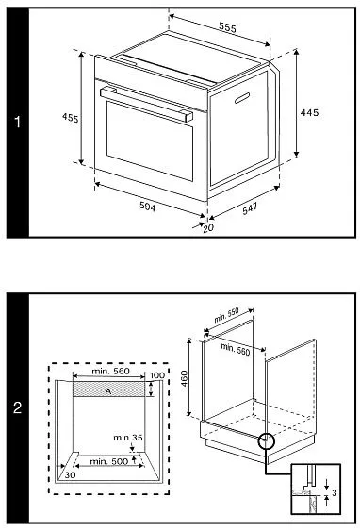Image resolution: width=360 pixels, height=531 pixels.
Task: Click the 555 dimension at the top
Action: pyautogui.click(x=227, y=27)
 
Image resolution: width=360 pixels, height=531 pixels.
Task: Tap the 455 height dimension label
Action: pyautogui.click(x=71, y=118)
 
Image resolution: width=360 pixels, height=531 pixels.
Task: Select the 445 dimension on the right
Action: pyautogui.click(x=309, y=112)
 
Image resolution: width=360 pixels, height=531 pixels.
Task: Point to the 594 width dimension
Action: pyautogui.click(x=148, y=207)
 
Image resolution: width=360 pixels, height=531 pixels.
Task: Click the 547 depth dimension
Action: pyautogui.click(x=250, y=208)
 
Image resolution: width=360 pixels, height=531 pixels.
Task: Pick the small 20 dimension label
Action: pyautogui.click(x=208, y=228)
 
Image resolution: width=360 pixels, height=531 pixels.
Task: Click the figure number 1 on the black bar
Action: pyautogui.click(x=18, y=122)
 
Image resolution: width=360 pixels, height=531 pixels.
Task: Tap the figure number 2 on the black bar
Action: pyautogui.click(x=18, y=407)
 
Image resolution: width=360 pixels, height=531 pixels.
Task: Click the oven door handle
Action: pyautogui.click(x=146, y=104)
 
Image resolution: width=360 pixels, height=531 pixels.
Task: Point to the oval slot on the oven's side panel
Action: pyautogui.click(x=242, y=98)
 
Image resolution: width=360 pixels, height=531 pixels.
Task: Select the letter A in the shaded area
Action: pyautogui.click(x=108, y=391)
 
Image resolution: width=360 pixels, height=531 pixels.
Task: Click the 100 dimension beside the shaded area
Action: pyautogui.click(x=157, y=375)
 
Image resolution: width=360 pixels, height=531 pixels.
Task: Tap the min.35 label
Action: pyautogui.click(x=128, y=438)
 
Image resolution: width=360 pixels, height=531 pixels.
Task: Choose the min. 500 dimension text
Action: pyautogui.click(x=109, y=461)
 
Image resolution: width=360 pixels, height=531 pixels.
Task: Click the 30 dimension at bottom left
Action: pyautogui.click(x=70, y=475)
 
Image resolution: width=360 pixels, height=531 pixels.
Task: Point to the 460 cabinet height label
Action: pyautogui.click(x=184, y=378)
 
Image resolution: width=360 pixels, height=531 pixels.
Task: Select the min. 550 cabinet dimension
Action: pyautogui.click(x=227, y=315)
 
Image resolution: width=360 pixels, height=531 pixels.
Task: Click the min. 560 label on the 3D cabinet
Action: pyautogui.click(x=236, y=350)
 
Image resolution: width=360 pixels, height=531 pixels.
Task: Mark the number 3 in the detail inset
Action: pyautogui.click(x=335, y=492)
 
